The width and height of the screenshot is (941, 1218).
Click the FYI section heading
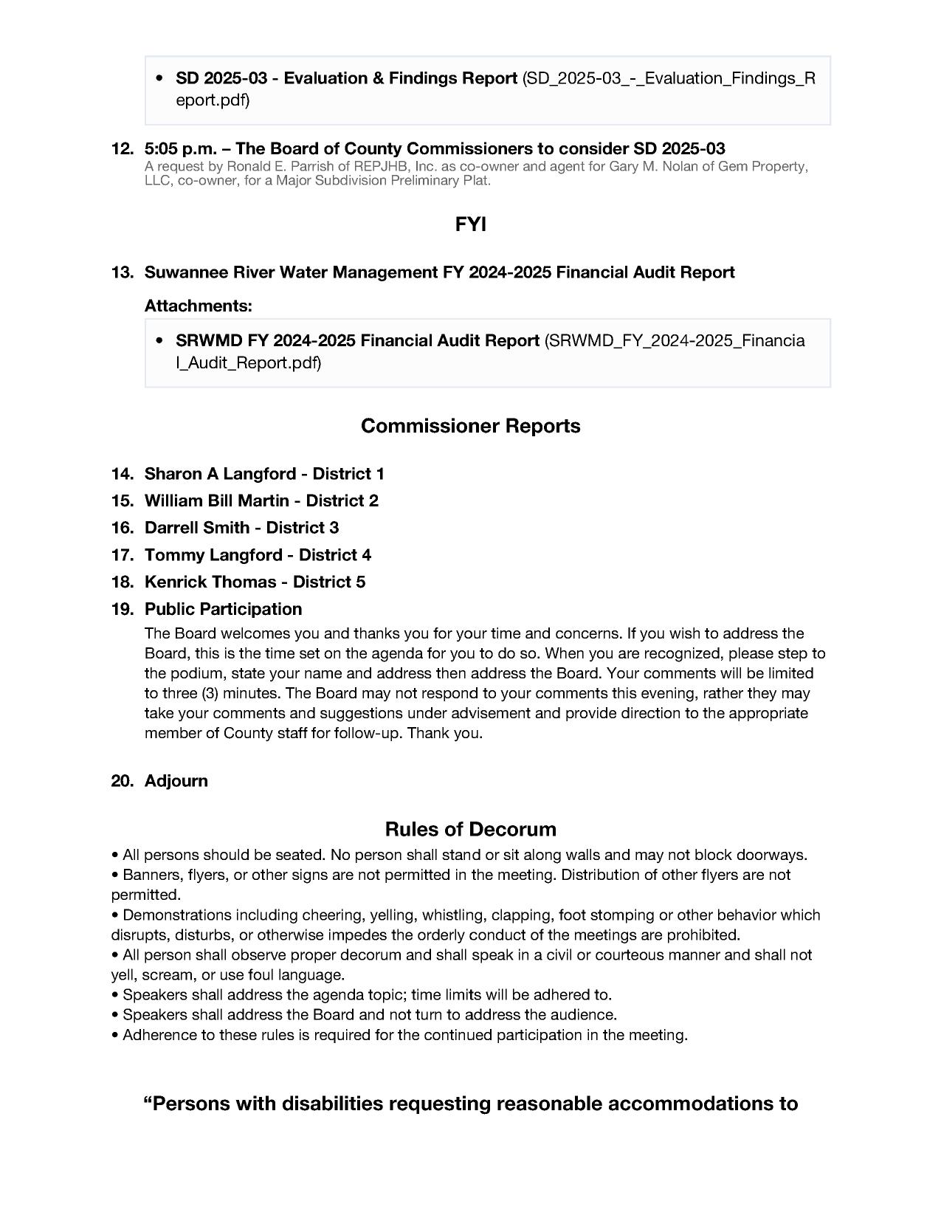470,224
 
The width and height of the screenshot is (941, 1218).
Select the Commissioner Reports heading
470,426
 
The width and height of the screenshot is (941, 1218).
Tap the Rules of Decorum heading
470,829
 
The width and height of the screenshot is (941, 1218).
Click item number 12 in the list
122,148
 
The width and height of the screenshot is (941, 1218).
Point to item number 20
122,781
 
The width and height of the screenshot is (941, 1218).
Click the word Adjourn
176,781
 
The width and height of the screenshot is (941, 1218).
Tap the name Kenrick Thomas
210,582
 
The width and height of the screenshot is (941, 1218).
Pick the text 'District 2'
342,501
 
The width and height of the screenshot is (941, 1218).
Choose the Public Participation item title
223,609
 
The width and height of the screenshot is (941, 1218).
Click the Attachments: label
198,306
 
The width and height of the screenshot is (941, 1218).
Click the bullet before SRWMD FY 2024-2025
159,341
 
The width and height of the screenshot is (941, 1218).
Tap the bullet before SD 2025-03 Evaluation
159,78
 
